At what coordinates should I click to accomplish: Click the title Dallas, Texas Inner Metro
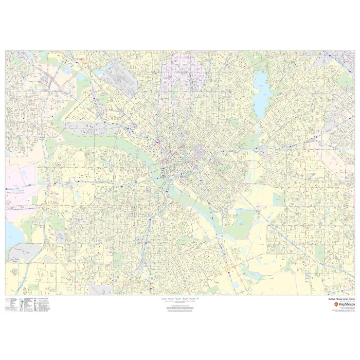click(x=341, y=298)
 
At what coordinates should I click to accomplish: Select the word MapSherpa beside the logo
click(x=346, y=304)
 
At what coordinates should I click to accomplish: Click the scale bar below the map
click(x=180, y=298)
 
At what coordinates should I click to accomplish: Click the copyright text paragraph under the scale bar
click(x=180, y=308)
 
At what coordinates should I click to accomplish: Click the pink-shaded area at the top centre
click(x=184, y=70)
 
